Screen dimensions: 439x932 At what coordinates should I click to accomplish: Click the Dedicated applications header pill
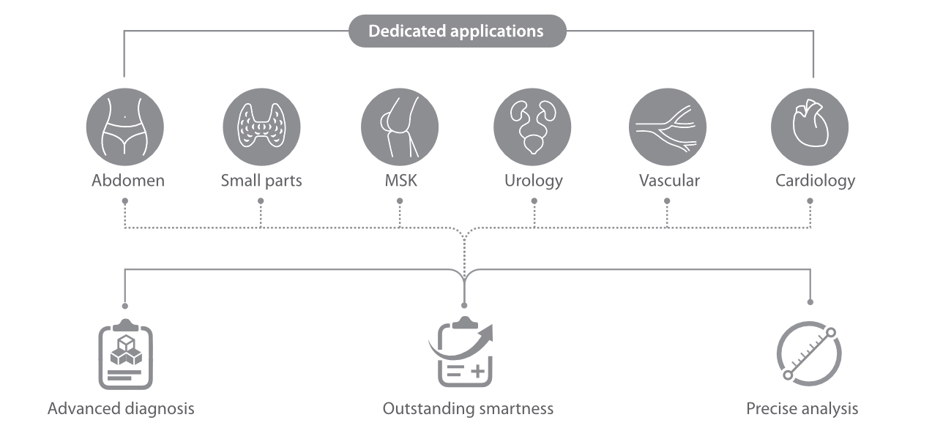coord(457,31)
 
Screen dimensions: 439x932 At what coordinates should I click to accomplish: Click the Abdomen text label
coord(128,181)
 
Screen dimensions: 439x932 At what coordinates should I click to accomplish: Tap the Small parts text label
coord(261,181)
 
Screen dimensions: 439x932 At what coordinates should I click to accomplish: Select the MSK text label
coord(400,181)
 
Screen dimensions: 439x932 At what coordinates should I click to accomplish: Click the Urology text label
coord(533,181)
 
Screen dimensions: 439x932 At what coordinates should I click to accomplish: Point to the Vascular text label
coord(668,181)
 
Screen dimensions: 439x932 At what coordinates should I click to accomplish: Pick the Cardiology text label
coord(815,181)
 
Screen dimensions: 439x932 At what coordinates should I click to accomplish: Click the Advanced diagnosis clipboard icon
coord(125,355)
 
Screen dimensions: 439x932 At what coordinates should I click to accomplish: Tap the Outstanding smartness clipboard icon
coord(464,355)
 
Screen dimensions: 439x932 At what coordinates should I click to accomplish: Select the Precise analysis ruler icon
coord(809,355)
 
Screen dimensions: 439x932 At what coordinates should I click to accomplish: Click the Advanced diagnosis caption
coord(121,408)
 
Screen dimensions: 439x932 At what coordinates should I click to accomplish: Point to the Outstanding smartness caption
coord(468,408)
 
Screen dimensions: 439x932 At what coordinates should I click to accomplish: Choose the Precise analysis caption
coord(802,408)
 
